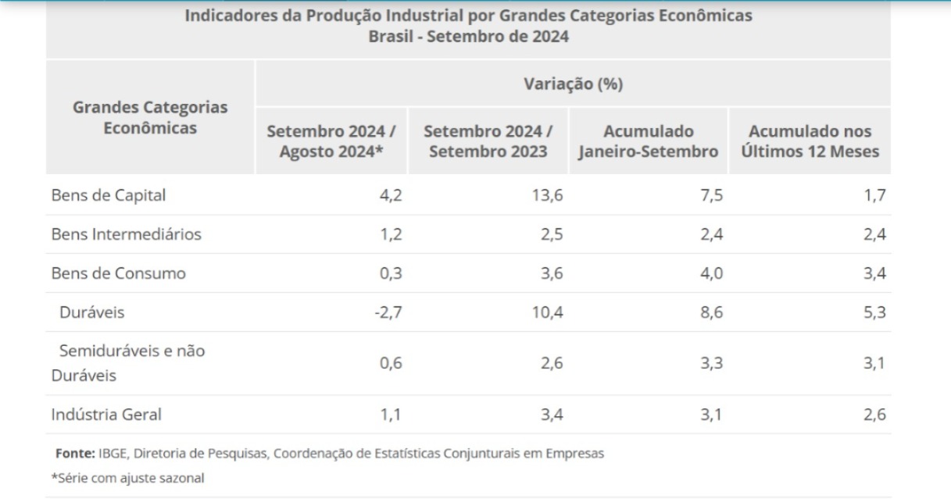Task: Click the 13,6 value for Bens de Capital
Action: pos(547,196)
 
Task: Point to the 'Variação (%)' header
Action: pos(573,84)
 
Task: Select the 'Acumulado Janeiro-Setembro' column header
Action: pos(648,141)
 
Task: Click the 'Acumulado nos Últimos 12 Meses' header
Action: pos(808,141)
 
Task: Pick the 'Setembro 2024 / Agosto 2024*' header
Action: pos(331,141)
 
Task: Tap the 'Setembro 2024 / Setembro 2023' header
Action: pos(488,141)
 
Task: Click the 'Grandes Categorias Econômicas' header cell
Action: pos(150,117)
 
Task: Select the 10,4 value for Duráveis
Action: pos(547,313)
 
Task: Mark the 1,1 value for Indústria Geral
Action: pos(391,415)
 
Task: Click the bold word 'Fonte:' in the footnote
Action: pos(75,453)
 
